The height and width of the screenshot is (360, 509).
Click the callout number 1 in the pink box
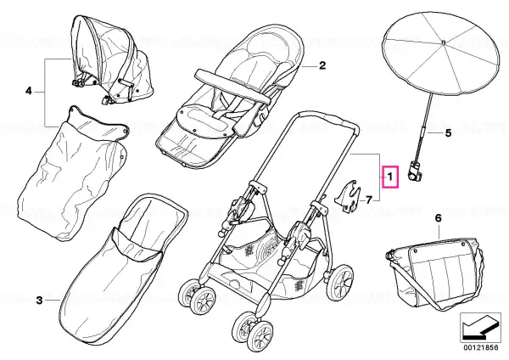tap(390, 177)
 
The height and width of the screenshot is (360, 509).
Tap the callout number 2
tap(322, 65)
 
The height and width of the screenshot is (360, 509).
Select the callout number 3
tap(39, 301)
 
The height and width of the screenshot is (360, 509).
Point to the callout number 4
tap(29, 92)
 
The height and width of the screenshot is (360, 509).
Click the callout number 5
tap(448, 133)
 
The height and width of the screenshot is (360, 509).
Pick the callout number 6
tap(439, 218)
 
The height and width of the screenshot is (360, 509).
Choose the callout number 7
tap(369, 200)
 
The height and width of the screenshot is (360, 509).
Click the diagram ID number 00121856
tap(481, 347)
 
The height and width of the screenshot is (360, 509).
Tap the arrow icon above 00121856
tap(480, 328)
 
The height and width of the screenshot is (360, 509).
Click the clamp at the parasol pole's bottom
tap(415, 172)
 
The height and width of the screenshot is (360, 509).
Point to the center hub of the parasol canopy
tap(444, 42)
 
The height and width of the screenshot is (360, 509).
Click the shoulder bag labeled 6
tap(435, 273)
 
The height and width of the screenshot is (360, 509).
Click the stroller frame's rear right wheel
tap(340, 282)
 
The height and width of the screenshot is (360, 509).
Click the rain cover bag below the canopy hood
tap(73, 174)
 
